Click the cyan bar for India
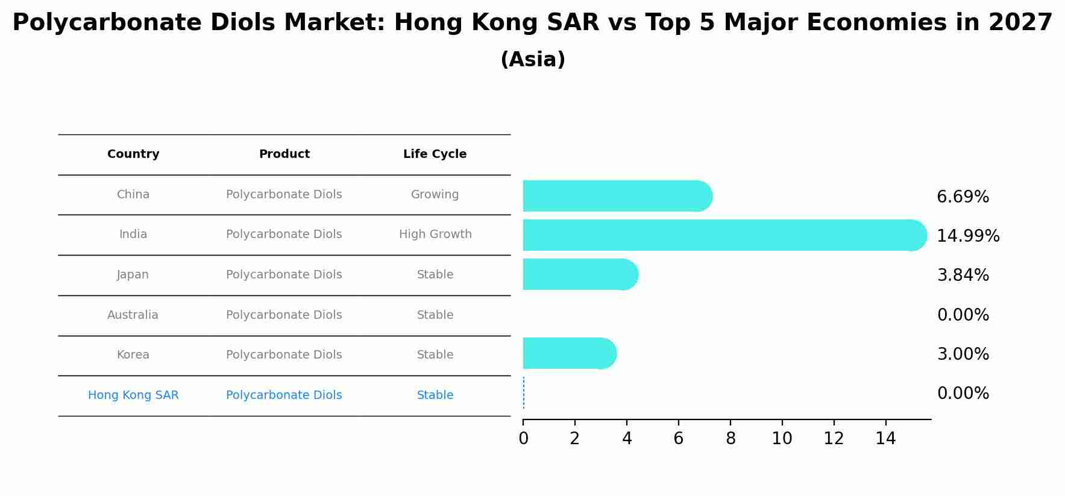[723, 235]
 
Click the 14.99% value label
[968, 236]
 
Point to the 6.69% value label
[963, 197]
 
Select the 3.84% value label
[963, 275]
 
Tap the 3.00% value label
[963, 354]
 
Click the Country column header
[133, 154]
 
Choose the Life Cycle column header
[435, 154]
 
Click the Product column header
[284, 154]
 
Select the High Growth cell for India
[435, 234]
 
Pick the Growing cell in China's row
[435, 195]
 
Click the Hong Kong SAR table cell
[133, 395]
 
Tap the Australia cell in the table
[133, 315]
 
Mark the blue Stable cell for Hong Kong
[435, 395]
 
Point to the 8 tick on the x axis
[730, 439]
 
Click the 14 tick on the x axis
[885, 439]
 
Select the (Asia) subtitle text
[533, 60]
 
